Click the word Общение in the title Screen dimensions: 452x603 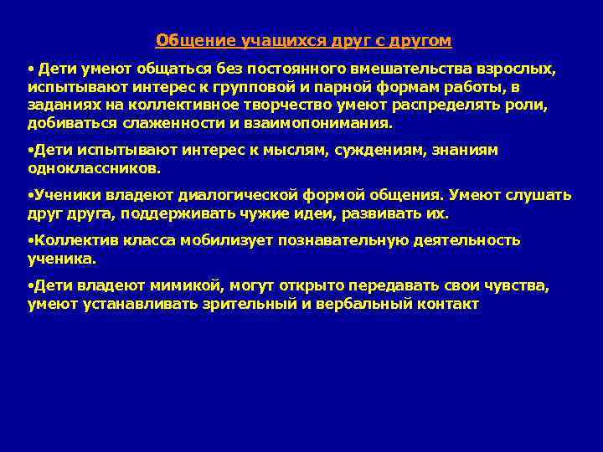coord(184,41)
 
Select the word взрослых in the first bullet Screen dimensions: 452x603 coord(519,69)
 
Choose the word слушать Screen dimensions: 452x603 coord(539,195)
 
